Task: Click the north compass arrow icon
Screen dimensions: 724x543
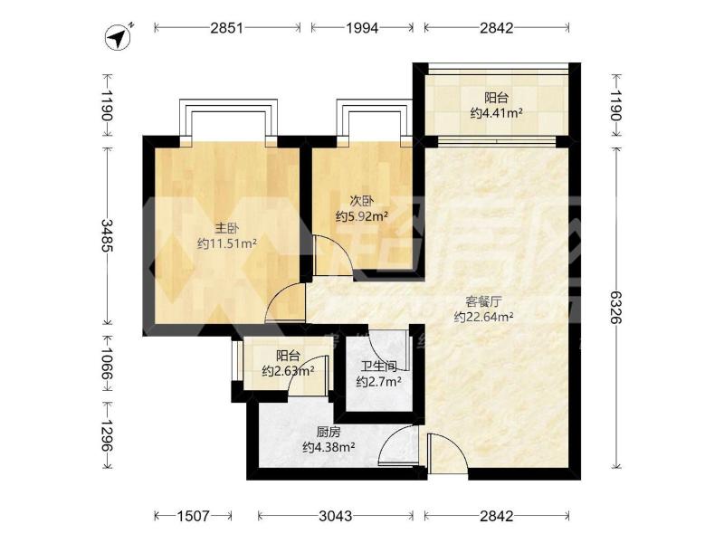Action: click(x=119, y=35)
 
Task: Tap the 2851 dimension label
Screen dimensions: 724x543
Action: click(x=227, y=28)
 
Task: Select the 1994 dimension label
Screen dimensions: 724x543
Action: click(x=363, y=28)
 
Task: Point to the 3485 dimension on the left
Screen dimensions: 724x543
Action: click(x=106, y=235)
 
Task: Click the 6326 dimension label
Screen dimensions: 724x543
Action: click(x=615, y=307)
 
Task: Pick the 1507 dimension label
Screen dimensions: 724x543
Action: click(x=194, y=516)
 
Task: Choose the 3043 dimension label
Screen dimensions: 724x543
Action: click(x=336, y=516)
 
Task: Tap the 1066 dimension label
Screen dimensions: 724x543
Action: click(x=106, y=363)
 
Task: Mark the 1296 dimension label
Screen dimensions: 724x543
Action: click(x=106, y=435)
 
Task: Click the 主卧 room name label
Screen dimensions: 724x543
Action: click(x=227, y=228)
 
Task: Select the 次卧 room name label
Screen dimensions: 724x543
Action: click(x=361, y=201)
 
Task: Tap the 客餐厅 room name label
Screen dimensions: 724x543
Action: click(x=483, y=302)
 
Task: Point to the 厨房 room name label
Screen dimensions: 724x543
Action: click(x=329, y=433)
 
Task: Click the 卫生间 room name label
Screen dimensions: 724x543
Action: click(x=378, y=367)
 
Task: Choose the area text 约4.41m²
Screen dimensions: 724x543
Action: click(x=496, y=112)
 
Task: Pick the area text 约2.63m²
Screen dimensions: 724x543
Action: click(x=289, y=370)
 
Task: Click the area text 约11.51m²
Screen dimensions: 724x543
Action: click(x=227, y=243)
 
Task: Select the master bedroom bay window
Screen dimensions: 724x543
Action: click(x=229, y=121)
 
